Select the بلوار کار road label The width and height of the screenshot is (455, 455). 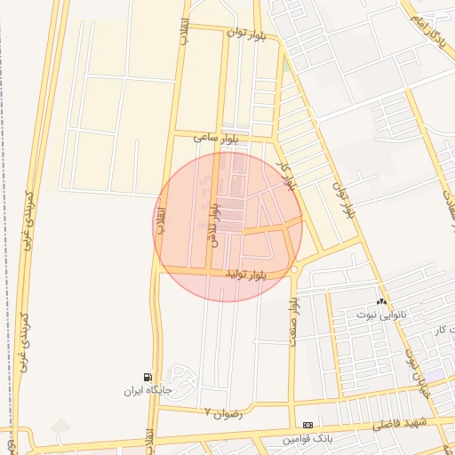coord(284,175)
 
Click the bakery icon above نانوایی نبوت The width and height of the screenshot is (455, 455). coord(381,303)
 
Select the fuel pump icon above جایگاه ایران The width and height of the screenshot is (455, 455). coord(147,377)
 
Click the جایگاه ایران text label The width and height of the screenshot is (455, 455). coord(147,390)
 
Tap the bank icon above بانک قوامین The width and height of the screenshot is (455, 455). coord(307,426)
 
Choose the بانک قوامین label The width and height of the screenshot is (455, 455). coord(307,439)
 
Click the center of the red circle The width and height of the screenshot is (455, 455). coord(227,227)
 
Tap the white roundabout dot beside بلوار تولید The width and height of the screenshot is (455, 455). coord(293,269)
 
